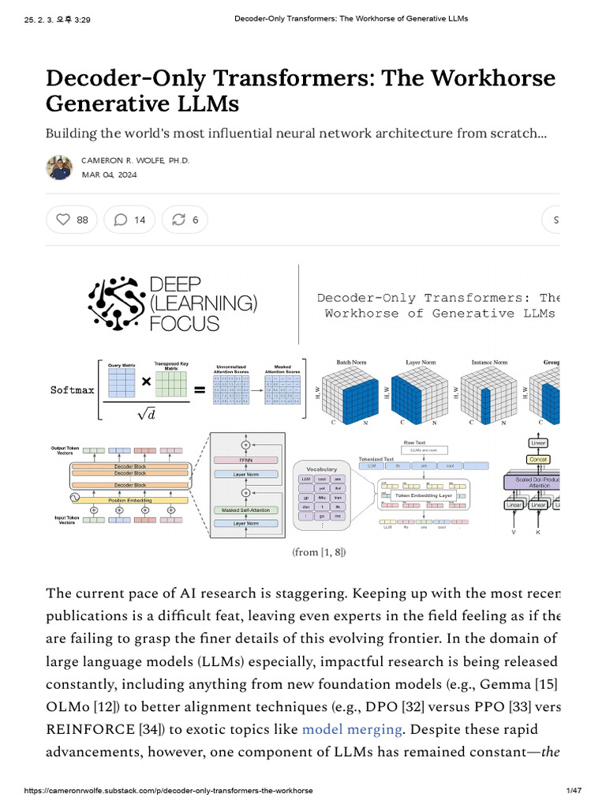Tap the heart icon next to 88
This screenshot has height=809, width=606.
pos(62,220)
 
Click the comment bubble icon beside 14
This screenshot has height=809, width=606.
pos(121,220)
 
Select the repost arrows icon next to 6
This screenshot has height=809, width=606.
pos(178,220)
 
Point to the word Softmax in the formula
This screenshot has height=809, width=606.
pos(72,390)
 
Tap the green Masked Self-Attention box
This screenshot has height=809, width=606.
pos(245,510)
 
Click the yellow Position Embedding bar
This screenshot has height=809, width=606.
pos(130,499)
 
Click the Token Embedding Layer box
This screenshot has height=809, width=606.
pos(423,495)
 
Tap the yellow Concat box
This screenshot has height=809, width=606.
pos(538,459)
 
